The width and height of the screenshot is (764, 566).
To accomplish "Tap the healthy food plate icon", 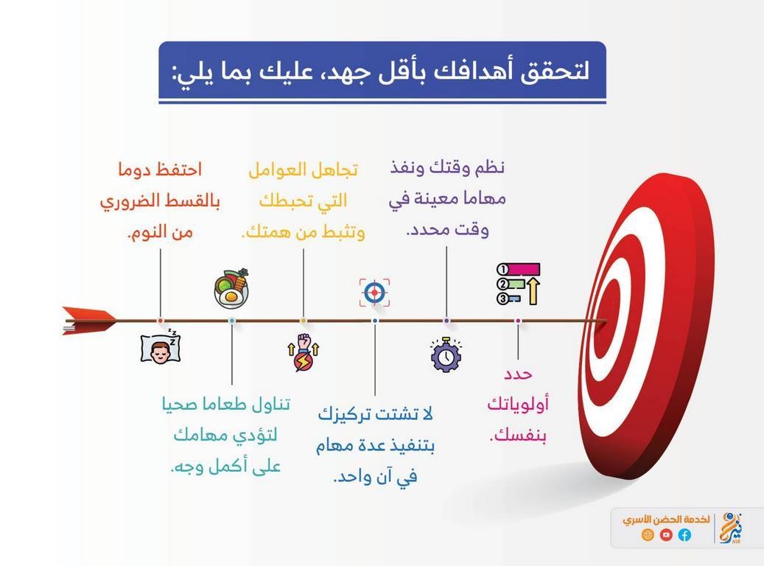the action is point(231,288).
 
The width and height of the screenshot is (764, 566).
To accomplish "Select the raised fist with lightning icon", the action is point(303,352).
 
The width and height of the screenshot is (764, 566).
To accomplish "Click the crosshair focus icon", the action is point(375,293).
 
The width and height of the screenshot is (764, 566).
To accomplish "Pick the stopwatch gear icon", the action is point(446,355).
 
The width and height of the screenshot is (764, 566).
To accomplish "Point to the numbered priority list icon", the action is point(519,284).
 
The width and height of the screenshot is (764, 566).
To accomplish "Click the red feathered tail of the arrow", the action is point(88,321).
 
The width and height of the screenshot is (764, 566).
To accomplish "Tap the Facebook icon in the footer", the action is point(684,535).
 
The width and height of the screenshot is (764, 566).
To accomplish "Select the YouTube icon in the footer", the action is point(666,535).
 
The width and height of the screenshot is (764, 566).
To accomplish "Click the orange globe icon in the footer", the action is point(648,535).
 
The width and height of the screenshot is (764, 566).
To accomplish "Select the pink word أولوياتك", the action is point(518,404).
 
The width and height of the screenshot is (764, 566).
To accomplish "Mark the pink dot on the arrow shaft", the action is point(518,321).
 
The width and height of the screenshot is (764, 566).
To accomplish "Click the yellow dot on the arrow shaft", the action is point(303,321).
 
